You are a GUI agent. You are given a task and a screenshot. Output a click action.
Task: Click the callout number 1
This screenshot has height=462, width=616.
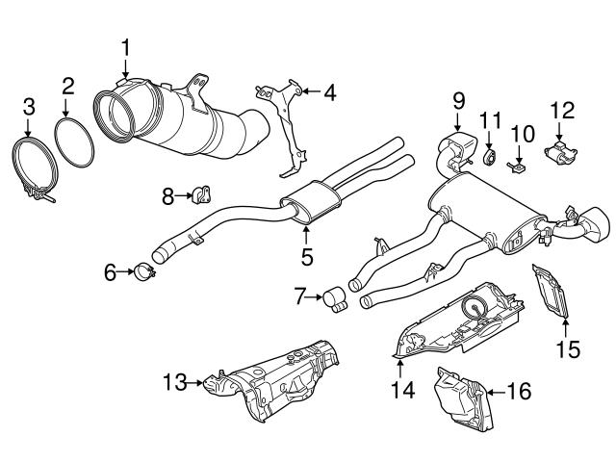click(x=126, y=46)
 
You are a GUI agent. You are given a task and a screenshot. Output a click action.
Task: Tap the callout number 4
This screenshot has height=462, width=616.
click(x=329, y=93)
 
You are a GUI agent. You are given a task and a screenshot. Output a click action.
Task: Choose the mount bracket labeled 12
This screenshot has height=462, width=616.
click(x=558, y=152)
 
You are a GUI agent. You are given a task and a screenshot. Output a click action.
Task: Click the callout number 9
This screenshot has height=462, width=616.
click(x=458, y=99)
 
